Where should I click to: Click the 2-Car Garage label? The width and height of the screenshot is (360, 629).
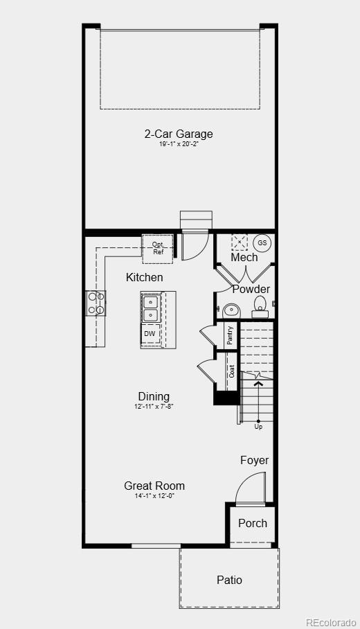click(x=179, y=134)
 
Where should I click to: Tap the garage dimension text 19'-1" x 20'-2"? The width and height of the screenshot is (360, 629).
click(x=179, y=144)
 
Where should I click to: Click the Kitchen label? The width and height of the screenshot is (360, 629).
click(x=145, y=277)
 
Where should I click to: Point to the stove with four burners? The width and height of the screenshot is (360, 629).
click(x=96, y=303)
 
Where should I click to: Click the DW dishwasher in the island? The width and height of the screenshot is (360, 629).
click(x=150, y=334)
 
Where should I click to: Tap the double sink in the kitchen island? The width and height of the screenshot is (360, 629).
click(x=150, y=308)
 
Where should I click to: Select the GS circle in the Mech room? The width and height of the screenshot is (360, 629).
click(x=262, y=243)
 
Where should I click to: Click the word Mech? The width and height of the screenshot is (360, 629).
click(x=244, y=258)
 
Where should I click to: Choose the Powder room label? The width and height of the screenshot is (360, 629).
click(x=251, y=289)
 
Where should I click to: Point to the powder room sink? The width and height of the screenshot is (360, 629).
click(x=231, y=310)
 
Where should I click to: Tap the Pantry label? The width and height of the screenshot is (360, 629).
click(x=230, y=335)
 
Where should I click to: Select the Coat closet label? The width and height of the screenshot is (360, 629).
click(x=231, y=371)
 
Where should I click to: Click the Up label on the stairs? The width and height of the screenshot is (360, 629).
click(x=258, y=427)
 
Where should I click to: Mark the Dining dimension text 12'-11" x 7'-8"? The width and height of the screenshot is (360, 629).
click(x=154, y=407)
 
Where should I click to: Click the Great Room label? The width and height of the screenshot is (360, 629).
click(x=154, y=486)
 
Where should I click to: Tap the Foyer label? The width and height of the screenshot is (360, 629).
click(x=254, y=460)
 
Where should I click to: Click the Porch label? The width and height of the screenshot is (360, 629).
click(x=253, y=523)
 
